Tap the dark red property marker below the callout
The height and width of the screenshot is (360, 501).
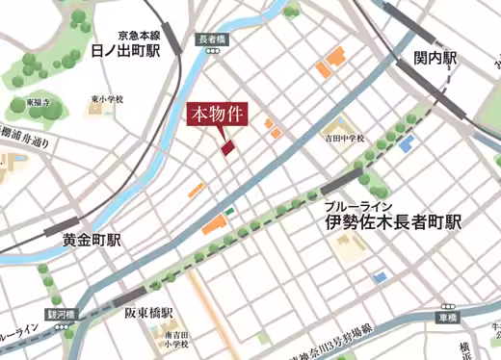point(227,147)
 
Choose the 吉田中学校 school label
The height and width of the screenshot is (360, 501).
point(344,139)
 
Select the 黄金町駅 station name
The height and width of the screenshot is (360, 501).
point(92,241)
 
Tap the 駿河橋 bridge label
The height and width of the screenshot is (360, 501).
point(60,314)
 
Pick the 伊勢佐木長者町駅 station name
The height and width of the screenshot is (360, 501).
point(392,223)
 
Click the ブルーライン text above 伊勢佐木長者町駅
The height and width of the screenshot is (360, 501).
point(357,206)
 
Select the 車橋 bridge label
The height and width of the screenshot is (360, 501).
point(446,318)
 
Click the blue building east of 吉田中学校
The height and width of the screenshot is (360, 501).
point(407,144)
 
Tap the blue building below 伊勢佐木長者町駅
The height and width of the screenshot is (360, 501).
point(380,277)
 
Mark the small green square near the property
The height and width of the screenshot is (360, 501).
point(229,211)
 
